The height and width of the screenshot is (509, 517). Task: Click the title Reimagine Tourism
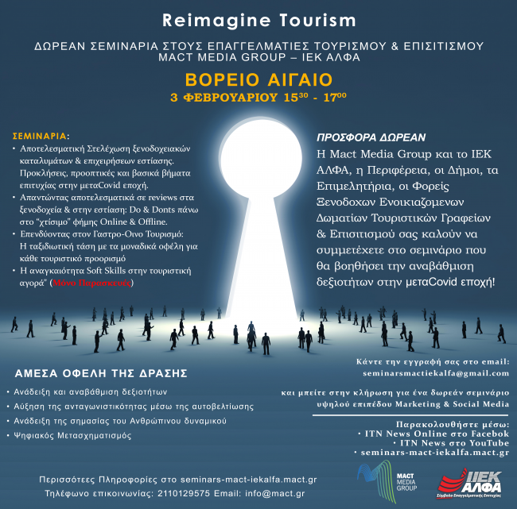[x=258, y=17]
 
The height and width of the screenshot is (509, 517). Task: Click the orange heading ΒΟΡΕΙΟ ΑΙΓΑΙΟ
[x=258, y=80]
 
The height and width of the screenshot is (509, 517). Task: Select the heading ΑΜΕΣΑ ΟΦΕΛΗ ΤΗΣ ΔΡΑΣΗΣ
[x=101, y=372]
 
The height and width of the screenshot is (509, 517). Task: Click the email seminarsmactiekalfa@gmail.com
[x=434, y=372]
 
